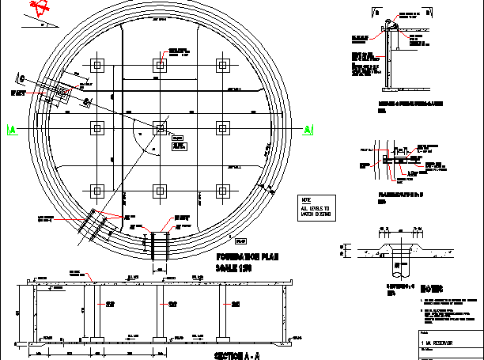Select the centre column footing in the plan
pyautogui.click(x=161, y=127)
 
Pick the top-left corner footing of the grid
pyautogui.click(x=97, y=65)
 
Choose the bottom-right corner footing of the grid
pyautogui.click(x=223, y=190)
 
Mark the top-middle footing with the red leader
pyautogui.click(x=161, y=65)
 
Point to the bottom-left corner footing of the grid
pyautogui.click(x=97, y=190)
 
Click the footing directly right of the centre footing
pyautogui.click(x=223, y=127)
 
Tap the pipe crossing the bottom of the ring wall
pyautogui.click(x=161, y=244)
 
